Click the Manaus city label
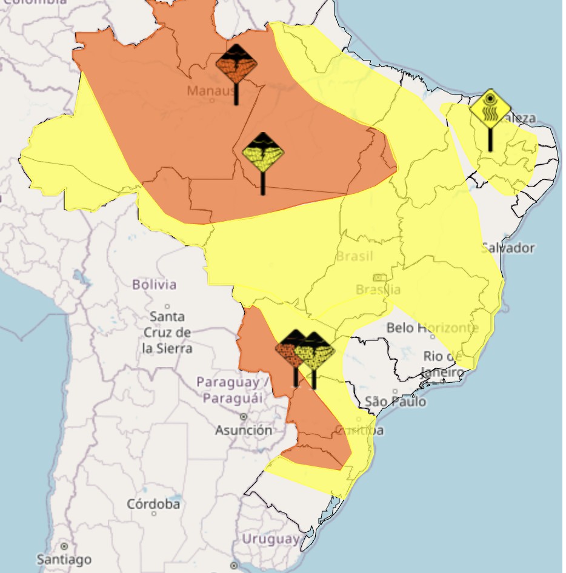point(210,91)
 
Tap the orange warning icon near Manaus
point(236,64)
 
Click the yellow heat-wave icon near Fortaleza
point(490,109)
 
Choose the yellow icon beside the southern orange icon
point(315,351)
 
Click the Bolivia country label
point(155,284)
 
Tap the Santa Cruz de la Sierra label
point(168,333)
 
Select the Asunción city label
point(244,431)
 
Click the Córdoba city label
point(153,504)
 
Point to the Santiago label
point(64,558)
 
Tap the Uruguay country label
point(270,538)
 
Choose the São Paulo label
point(396,402)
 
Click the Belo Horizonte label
point(432,328)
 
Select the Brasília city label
point(378,289)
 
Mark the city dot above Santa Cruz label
point(168,306)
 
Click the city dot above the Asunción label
point(244,417)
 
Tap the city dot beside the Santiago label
point(64,546)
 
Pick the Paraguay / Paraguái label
point(233,390)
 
